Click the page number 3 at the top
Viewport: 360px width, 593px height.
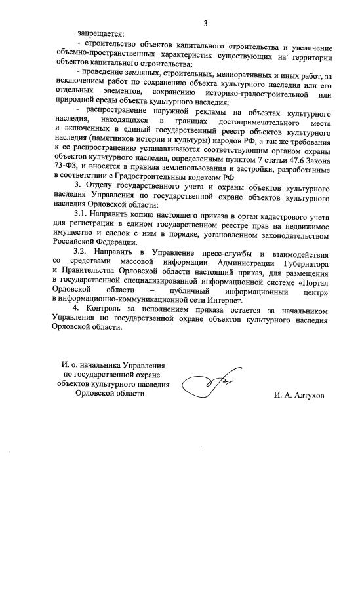point(205,24)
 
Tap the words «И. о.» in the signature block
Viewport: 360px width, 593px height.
point(70,365)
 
